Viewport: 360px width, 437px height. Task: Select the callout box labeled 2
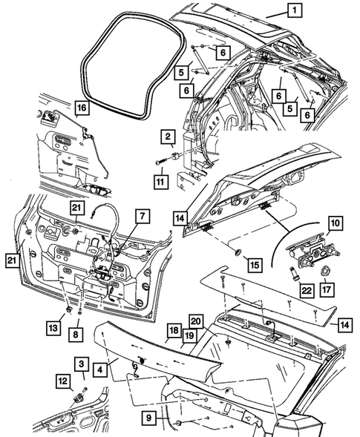pyautogui.click(x=168, y=137)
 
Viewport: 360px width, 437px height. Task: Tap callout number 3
pyautogui.click(x=79, y=363)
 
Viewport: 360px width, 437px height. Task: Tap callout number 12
pyautogui.click(x=63, y=381)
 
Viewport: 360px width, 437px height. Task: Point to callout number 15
pyautogui.click(x=254, y=263)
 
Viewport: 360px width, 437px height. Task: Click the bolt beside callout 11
pyautogui.click(x=163, y=161)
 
